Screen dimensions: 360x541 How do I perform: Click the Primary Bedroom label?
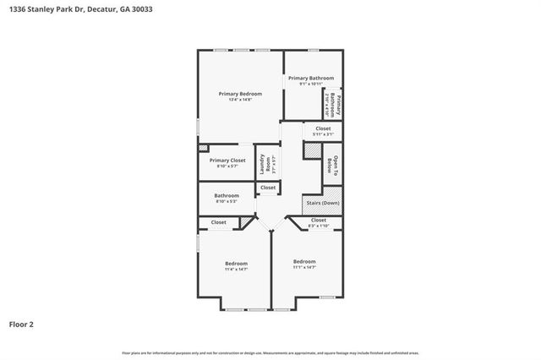(x=240, y=94)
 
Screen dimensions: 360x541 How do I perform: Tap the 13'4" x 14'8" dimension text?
(x=240, y=100)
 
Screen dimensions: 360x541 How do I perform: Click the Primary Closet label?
(x=227, y=160)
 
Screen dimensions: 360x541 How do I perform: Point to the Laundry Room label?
(x=264, y=161)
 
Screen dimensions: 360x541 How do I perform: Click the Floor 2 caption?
(x=21, y=324)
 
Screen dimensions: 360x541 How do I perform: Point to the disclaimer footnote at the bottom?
(x=270, y=352)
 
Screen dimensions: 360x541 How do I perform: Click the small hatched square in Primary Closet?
(x=203, y=147)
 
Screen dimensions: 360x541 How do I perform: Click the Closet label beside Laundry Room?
(x=268, y=188)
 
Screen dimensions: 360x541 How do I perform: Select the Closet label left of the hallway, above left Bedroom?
(x=219, y=222)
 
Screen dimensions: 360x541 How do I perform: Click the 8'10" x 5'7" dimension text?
(x=227, y=166)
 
